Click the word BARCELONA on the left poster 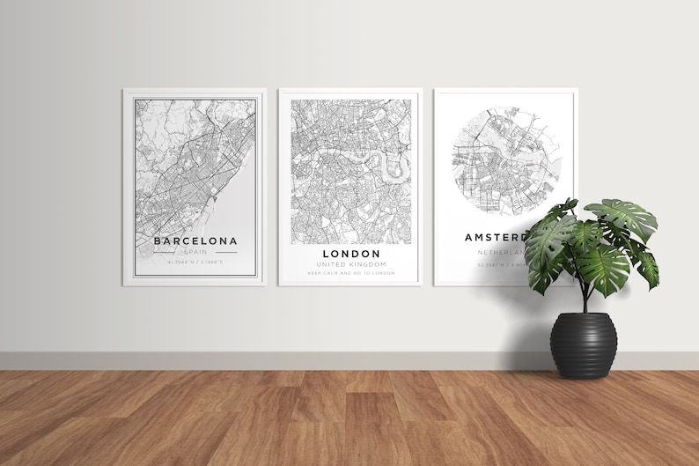coord(195,240)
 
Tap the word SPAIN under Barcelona coord(195,251)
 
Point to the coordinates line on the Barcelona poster coord(195,263)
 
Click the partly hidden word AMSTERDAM coord(495,237)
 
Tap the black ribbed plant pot coord(581,348)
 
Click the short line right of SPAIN coord(226,252)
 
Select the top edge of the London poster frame coord(350,90)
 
